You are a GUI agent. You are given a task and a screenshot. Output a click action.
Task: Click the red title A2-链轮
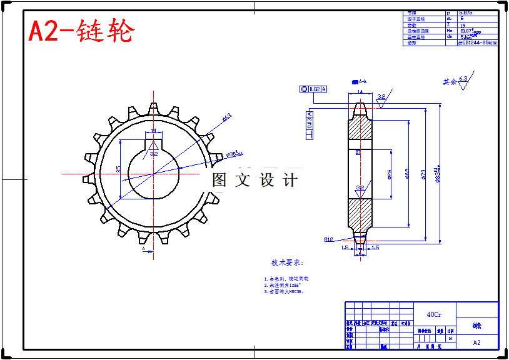(x=81, y=31)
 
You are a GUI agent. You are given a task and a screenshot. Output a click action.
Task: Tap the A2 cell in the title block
(x=477, y=342)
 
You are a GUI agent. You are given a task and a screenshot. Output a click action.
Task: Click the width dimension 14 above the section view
(x=360, y=92)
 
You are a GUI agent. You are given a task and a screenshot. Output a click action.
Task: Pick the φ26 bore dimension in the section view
(x=390, y=174)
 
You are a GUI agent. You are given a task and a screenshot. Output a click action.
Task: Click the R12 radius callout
(x=328, y=239)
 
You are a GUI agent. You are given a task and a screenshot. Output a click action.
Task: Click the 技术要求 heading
(x=286, y=262)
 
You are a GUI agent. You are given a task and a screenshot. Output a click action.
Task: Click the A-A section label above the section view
(x=359, y=81)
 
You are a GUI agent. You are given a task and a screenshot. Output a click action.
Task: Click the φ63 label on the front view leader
(x=226, y=116)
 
